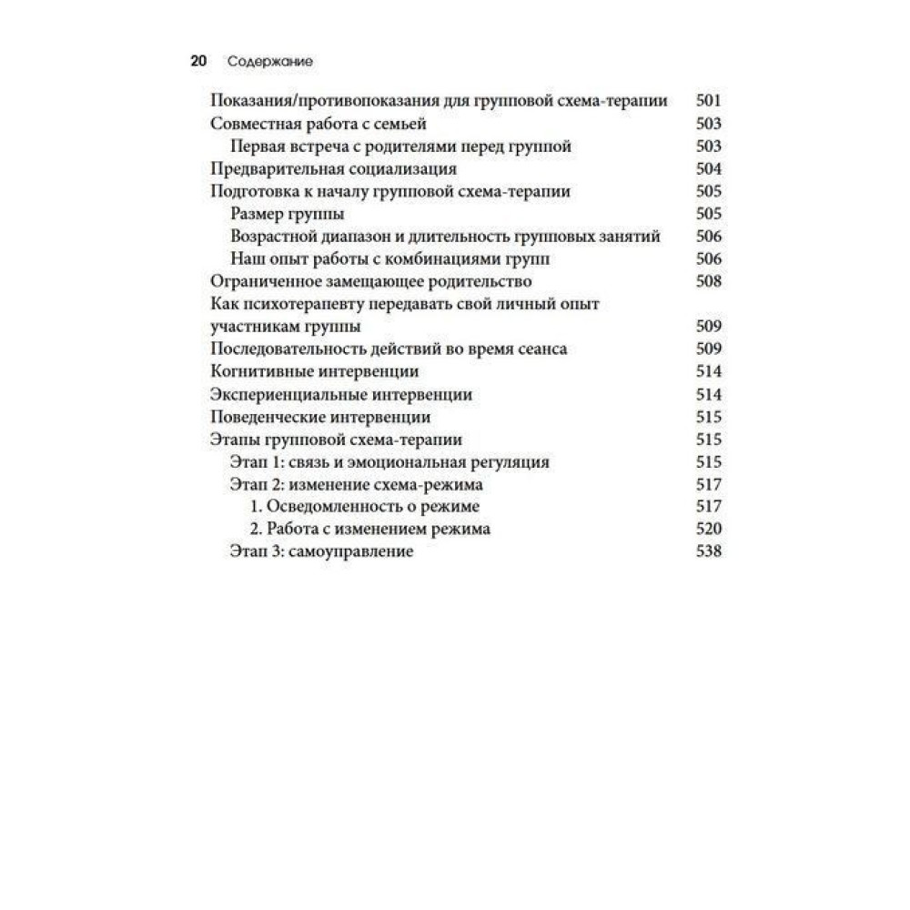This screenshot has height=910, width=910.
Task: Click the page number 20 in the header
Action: (x=198, y=62)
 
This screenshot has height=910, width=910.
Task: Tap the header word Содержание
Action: (x=270, y=62)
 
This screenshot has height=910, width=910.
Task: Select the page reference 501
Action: (x=708, y=101)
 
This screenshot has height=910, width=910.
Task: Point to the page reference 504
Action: (x=708, y=168)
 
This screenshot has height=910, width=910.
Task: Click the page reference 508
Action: (x=708, y=281)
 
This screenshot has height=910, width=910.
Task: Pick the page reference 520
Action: (x=708, y=529)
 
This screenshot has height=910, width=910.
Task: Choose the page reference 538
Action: (x=708, y=551)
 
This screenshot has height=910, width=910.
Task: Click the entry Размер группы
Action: (x=287, y=214)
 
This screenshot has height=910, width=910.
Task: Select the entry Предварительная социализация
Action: (x=332, y=168)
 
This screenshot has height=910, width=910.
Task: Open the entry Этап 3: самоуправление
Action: (x=322, y=551)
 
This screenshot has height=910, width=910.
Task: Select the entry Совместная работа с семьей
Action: (x=318, y=124)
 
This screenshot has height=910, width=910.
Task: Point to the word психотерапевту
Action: (x=307, y=304)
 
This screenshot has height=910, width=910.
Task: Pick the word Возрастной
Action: (x=273, y=237)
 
